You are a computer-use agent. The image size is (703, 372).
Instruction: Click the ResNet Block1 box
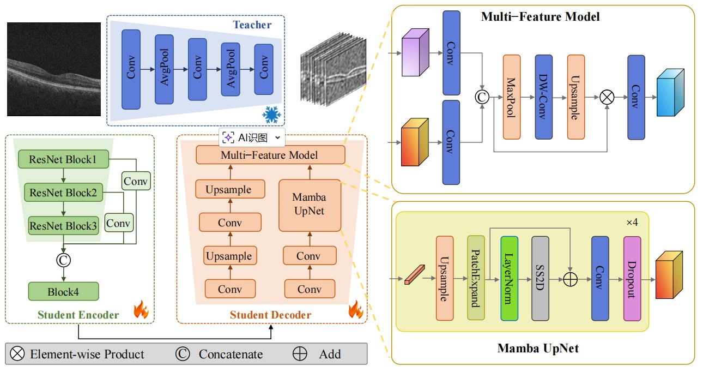click(x=63, y=160)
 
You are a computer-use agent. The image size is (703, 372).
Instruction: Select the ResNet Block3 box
click(x=63, y=225)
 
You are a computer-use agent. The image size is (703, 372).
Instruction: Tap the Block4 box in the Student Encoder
click(x=63, y=291)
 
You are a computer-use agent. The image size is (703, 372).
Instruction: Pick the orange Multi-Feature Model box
click(x=270, y=155)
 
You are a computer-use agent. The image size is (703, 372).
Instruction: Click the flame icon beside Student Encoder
click(x=141, y=310)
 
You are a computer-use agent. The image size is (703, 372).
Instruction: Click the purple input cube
click(x=415, y=53)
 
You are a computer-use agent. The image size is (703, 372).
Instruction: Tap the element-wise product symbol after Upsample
click(x=607, y=97)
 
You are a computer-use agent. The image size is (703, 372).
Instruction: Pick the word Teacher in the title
click(x=252, y=25)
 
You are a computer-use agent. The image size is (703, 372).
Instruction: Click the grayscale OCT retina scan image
click(x=54, y=69)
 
